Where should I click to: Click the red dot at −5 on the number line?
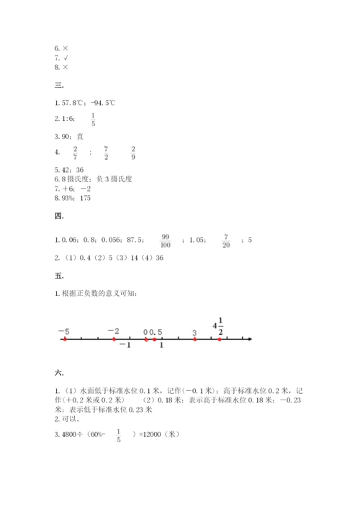click(65, 338)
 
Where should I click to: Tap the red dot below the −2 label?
click(113, 338)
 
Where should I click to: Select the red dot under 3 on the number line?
click(195, 338)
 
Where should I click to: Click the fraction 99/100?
click(165, 240)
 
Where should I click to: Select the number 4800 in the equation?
click(70, 434)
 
